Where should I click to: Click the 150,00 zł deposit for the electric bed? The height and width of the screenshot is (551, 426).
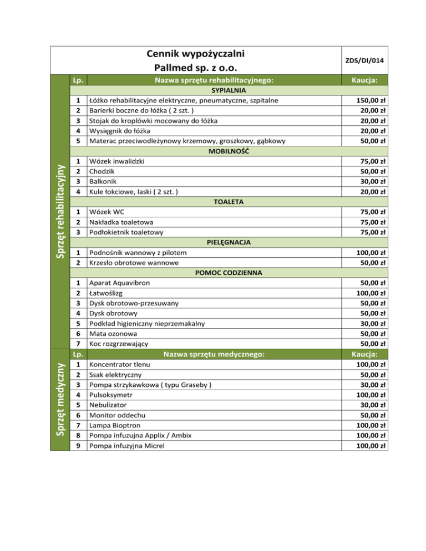pyautogui.click(x=371, y=100)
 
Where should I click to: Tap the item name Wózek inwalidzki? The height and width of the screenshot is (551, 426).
pyautogui.click(x=118, y=161)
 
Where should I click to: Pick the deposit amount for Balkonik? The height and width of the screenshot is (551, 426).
pyautogui.click(x=373, y=181)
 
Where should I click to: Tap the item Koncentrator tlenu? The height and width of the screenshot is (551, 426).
pyautogui.click(x=121, y=364)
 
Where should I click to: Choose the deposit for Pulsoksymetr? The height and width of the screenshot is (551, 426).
pyautogui.click(x=371, y=395)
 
